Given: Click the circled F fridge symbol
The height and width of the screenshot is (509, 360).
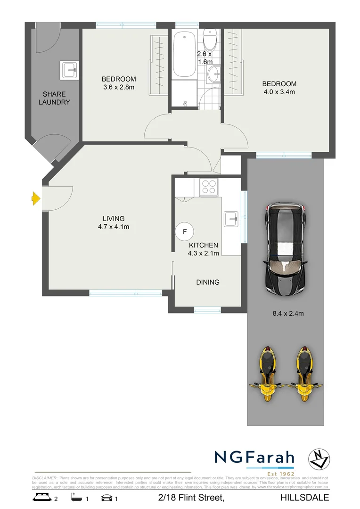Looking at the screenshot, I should [x=185, y=231].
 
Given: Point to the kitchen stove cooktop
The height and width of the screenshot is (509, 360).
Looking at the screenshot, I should [x=208, y=187].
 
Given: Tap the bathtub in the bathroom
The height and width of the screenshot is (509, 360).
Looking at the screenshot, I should [x=184, y=55].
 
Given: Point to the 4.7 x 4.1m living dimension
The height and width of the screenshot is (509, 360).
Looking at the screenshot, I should [x=113, y=227].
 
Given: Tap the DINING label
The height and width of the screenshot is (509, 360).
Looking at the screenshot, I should [x=208, y=282].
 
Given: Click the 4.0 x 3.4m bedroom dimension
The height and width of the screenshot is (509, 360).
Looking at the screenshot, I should [x=279, y=92].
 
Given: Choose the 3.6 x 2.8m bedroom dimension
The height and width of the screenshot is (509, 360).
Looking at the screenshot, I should [x=119, y=87].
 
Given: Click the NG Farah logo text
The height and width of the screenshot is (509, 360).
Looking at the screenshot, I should [x=254, y=457].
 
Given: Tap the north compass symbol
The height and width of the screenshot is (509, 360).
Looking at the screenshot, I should [x=319, y=459].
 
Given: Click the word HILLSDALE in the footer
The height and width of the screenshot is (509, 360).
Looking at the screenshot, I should [x=304, y=498].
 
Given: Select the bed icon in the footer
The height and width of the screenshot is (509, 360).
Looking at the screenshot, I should [x=41, y=497].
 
